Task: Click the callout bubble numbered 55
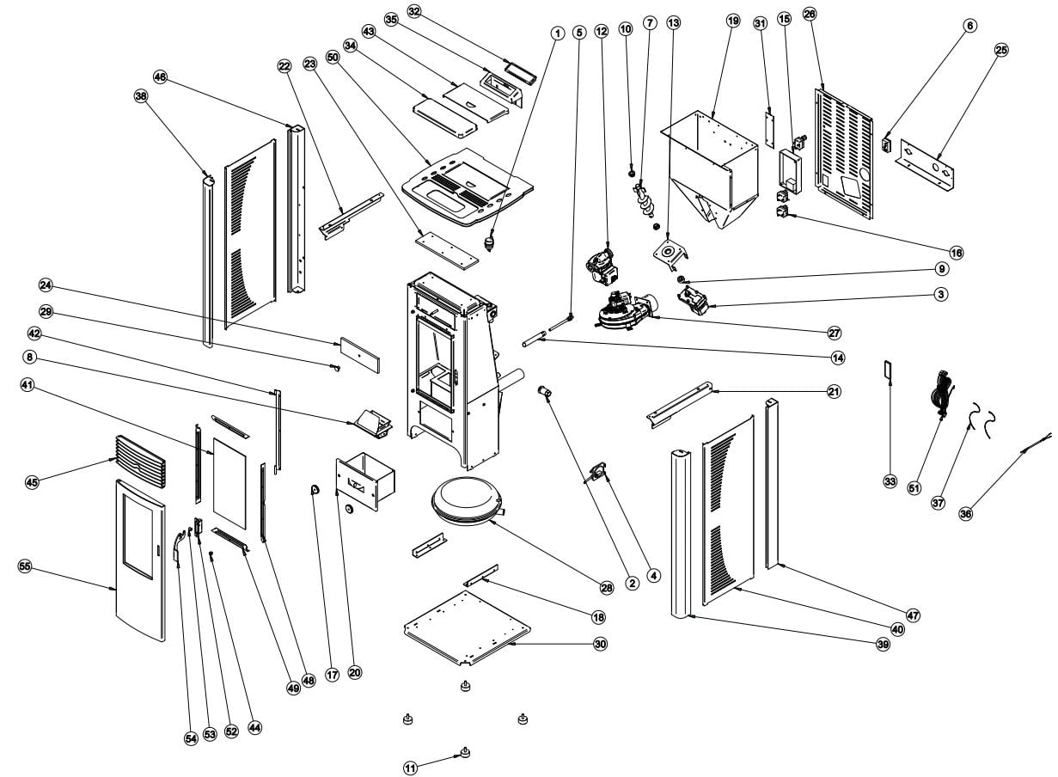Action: tap(25, 566)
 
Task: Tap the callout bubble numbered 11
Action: tap(411, 766)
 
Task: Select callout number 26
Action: tap(809, 15)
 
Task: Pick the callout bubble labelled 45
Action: tap(32, 483)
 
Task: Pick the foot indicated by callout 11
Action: tap(465, 754)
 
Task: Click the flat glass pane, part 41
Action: tap(229, 481)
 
